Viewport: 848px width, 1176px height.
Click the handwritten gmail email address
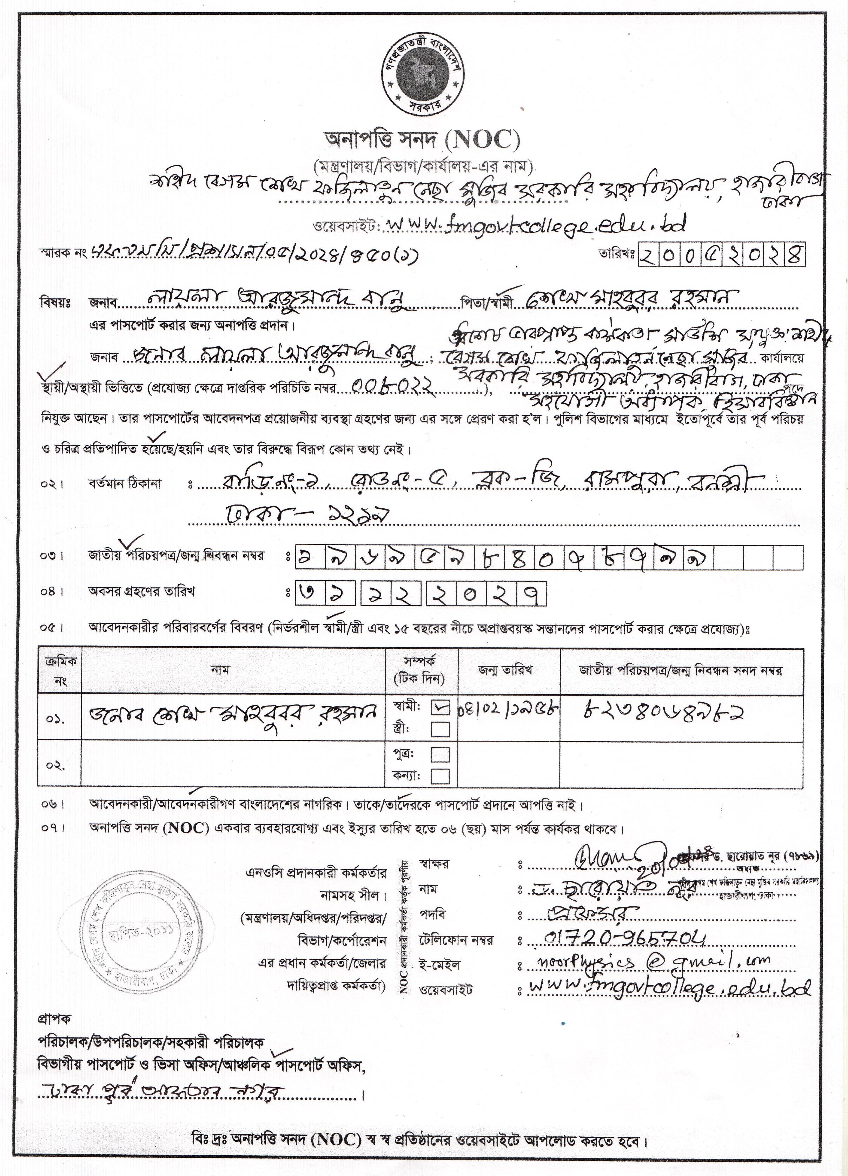[x=651, y=962]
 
